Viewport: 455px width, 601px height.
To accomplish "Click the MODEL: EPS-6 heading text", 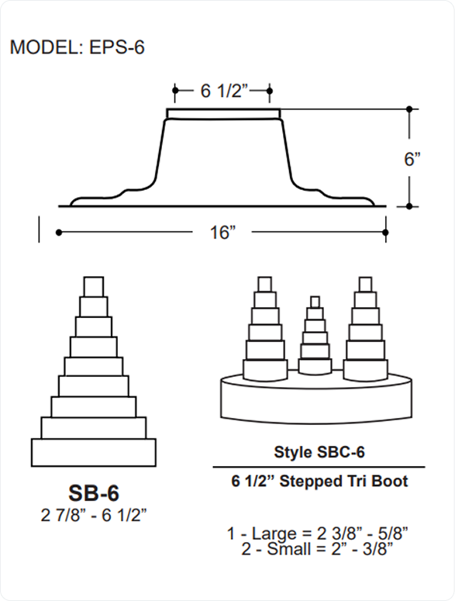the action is [x=77, y=47].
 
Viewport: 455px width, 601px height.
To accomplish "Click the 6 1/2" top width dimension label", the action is [x=225, y=91].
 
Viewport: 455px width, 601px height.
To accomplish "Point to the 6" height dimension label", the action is [x=412, y=158].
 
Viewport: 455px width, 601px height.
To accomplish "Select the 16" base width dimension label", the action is [x=222, y=233].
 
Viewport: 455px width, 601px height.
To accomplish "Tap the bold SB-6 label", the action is [x=94, y=493].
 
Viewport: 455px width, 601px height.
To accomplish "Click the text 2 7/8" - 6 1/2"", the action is [x=94, y=515].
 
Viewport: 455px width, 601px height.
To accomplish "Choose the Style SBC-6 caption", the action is [x=319, y=452].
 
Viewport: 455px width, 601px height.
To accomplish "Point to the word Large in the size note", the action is [x=274, y=534].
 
